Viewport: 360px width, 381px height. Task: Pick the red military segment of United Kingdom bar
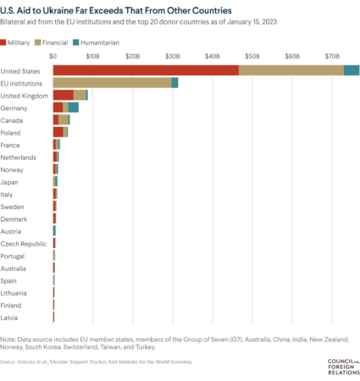63,95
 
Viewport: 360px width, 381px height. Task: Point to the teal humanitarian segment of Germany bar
74,108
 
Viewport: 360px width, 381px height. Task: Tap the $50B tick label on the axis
252,55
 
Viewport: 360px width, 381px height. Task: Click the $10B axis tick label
93,55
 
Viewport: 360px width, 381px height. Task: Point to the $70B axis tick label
331,55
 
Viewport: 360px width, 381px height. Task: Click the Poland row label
13,132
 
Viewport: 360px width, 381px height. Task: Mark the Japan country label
12,181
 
